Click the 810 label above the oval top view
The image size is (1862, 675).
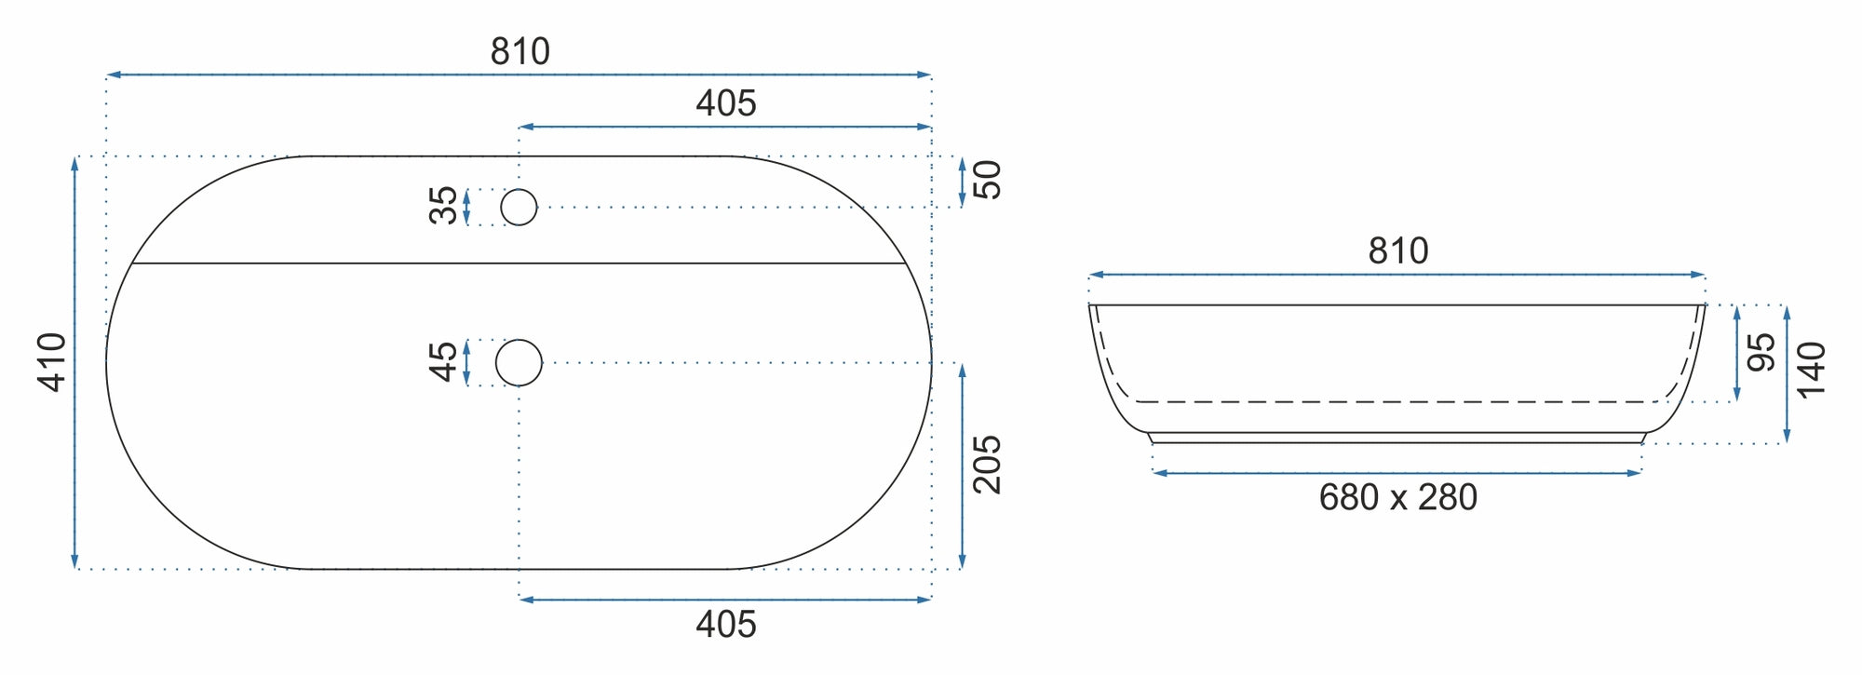coord(519,51)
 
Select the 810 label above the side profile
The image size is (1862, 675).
coord(1397,250)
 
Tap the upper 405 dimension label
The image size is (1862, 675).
coord(726,102)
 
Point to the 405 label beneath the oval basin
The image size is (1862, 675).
coord(726,624)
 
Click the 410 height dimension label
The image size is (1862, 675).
coord(53,361)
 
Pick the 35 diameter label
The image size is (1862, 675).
coord(444,206)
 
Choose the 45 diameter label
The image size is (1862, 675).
coord(444,361)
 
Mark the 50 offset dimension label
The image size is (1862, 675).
coord(987,180)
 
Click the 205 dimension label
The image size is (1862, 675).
coord(987,464)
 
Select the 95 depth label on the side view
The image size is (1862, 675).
coord(1761,352)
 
